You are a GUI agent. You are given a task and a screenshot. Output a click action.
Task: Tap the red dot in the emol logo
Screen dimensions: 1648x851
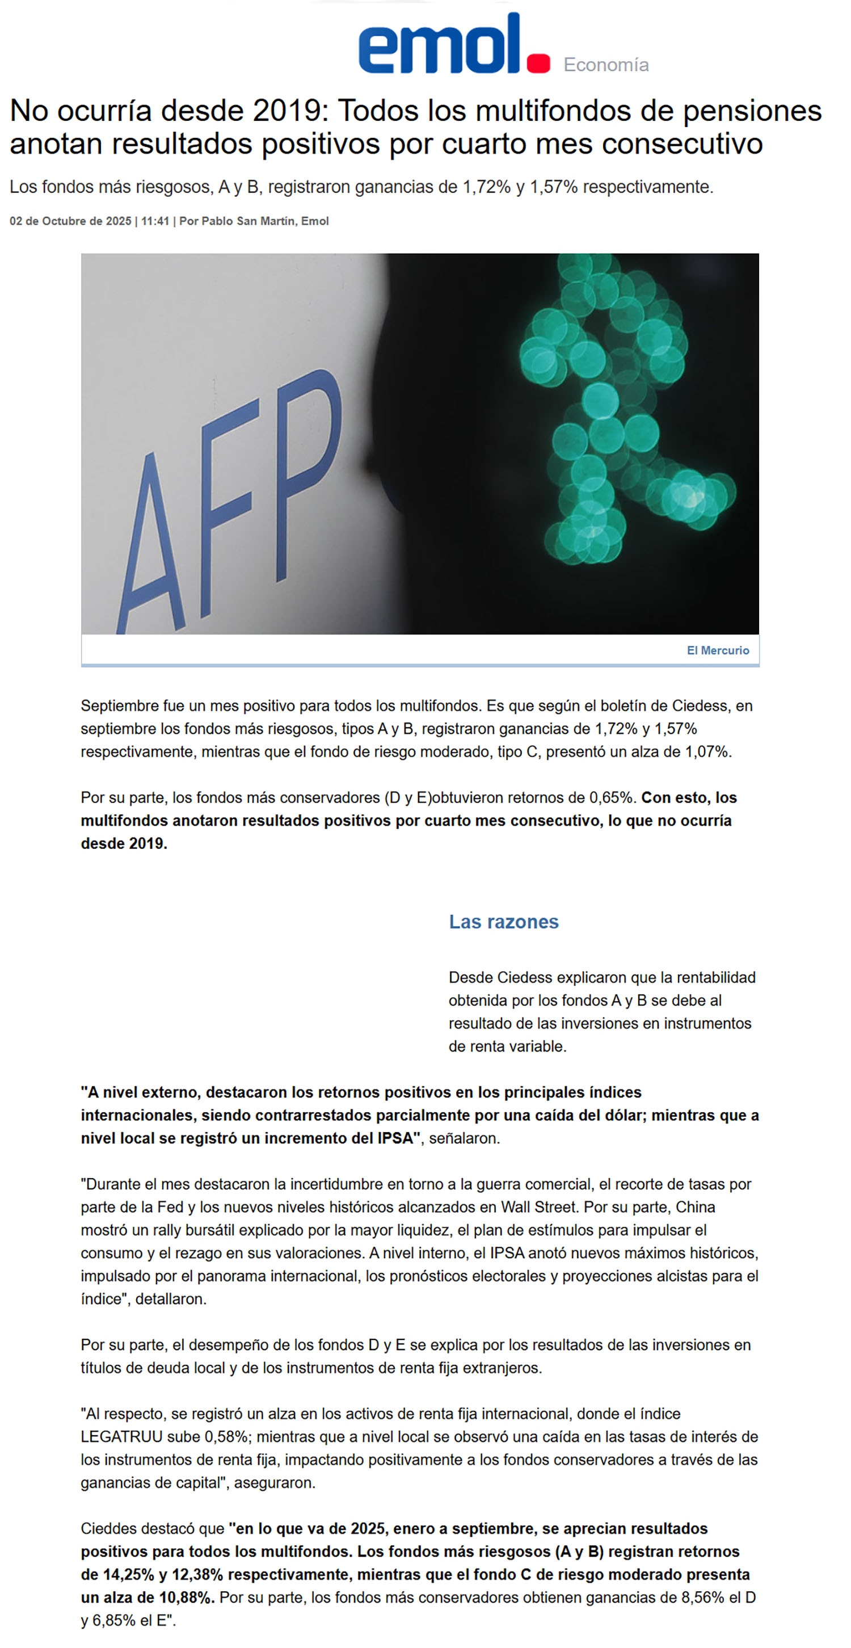pos(538,64)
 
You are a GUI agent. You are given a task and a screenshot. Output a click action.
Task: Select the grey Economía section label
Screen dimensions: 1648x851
pos(605,65)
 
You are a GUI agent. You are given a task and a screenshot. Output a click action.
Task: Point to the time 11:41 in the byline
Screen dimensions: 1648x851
pos(155,221)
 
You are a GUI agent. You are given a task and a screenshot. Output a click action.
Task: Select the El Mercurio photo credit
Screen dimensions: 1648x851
pos(717,650)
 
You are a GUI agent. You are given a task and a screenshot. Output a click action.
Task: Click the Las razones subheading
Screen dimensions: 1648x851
pos(503,922)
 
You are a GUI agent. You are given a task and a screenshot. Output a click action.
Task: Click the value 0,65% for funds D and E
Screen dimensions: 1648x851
pos(611,798)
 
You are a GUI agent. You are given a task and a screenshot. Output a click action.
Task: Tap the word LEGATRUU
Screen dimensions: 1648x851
pos(121,1437)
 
